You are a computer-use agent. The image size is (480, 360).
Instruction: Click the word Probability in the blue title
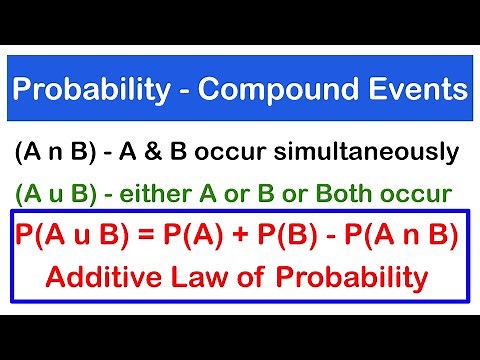point(91,93)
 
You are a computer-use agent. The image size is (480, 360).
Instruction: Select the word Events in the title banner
point(422,93)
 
